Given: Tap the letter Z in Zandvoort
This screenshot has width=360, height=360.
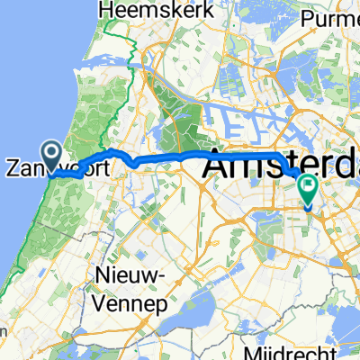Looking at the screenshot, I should pos(13,167).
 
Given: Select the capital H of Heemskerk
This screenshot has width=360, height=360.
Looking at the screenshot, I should pos(112,12).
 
